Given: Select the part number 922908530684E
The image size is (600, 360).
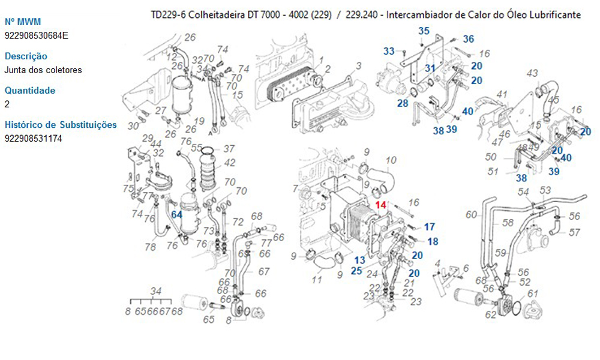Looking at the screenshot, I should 36,35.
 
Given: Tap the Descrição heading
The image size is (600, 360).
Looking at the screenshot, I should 26,56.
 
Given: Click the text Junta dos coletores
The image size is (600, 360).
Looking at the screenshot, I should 43,70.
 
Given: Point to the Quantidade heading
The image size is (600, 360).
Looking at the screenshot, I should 30,91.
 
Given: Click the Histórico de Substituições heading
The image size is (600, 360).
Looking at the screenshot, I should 61,125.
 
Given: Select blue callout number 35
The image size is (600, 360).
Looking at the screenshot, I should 424,31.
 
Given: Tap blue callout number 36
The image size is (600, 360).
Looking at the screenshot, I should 469,39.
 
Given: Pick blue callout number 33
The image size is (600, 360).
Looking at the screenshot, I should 389,52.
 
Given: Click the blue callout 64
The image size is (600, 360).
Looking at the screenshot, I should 176,214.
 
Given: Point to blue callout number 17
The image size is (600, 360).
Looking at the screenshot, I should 430,227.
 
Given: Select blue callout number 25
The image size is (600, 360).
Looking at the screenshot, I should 356,271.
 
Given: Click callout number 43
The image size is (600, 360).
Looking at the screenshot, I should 532,74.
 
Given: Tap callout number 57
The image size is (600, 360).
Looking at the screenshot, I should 574,233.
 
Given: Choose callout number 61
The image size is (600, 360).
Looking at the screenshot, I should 533,293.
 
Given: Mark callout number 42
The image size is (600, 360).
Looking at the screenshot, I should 230,163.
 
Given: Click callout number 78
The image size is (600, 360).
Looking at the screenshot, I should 150,247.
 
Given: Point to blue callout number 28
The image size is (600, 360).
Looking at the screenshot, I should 402,104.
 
